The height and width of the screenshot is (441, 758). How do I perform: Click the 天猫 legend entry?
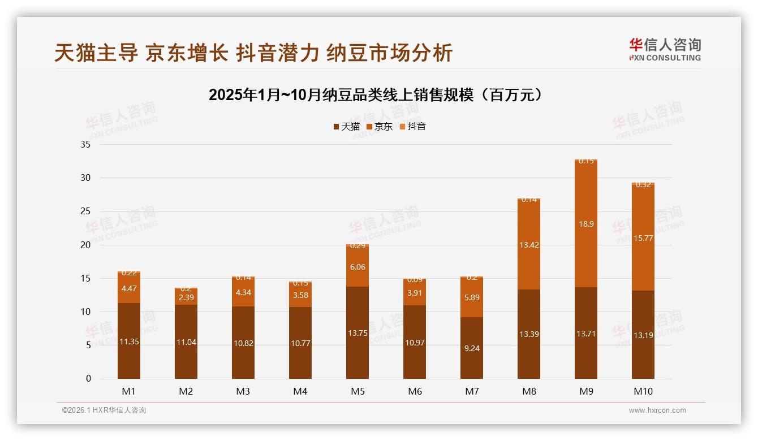click(x=346, y=127)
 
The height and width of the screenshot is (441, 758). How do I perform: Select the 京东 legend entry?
click(x=380, y=127)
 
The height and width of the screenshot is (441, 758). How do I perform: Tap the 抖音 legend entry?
click(x=413, y=127)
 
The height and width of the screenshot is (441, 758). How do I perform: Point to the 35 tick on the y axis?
click(x=85, y=145)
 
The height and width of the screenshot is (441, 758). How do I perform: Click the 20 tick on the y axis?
click(x=85, y=245)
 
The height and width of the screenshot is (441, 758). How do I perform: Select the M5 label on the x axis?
click(x=358, y=391)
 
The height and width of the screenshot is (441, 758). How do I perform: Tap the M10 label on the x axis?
click(x=643, y=391)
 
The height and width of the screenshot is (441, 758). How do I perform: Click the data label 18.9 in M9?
click(x=586, y=224)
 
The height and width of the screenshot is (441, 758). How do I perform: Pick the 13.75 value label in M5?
click(x=358, y=333)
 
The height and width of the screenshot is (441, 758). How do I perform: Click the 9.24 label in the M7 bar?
click(x=472, y=348)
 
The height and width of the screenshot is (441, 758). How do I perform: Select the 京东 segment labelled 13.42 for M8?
click(x=529, y=245)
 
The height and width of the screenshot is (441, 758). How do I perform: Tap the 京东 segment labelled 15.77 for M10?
click(x=643, y=238)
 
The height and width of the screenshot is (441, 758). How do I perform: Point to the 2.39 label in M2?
click(x=186, y=297)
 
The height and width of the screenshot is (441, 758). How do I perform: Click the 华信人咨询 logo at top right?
click(x=665, y=50)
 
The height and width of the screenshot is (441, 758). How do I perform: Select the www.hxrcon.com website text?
click(x=657, y=410)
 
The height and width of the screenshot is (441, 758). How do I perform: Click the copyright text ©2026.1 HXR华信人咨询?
click(x=104, y=410)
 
